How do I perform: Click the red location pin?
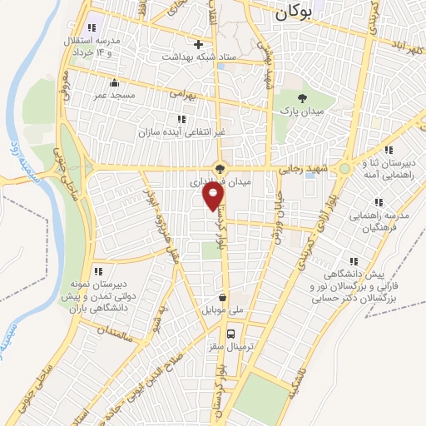(214, 196)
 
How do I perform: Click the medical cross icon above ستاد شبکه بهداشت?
(198, 44)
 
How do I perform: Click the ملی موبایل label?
(222, 310)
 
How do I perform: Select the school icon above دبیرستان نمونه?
(98, 270)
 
